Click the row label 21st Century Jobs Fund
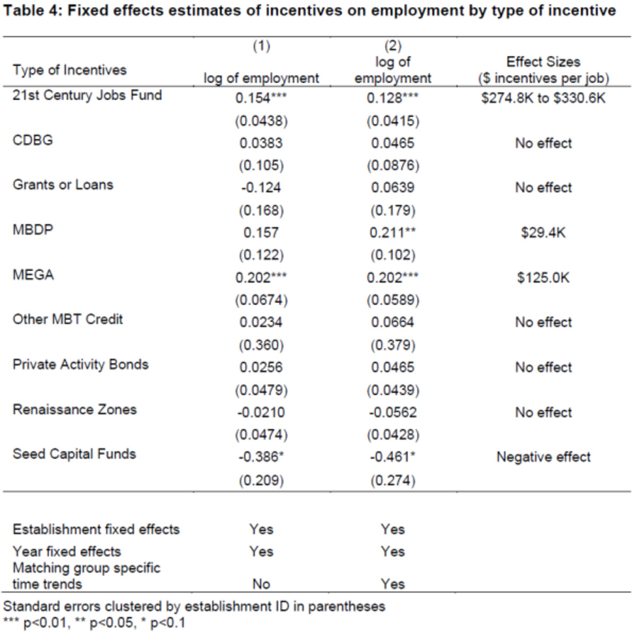coord(87,96)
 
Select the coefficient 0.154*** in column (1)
coord(261,98)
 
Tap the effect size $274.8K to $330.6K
coord(543,98)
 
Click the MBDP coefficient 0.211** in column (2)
coord(392,233)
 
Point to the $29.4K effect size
coord(543,233)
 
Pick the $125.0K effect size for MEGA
coord(543,278)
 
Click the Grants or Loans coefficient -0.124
coord(261,188)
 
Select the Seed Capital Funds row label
coord(74,455)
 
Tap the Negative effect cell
coord(543,457)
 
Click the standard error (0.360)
coord(261,346)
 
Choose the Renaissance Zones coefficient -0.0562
coord(392,413)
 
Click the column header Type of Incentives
coord(70,70)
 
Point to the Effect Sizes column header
coord(543,62)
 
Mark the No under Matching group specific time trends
coord(261,584)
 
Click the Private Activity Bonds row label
coord(81,365)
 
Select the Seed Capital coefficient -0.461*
coord(392,457)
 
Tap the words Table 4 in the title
coord(32,11)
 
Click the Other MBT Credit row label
coord(67,320)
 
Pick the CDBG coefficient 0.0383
coord(261,143)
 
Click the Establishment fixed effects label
coord(96,529)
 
